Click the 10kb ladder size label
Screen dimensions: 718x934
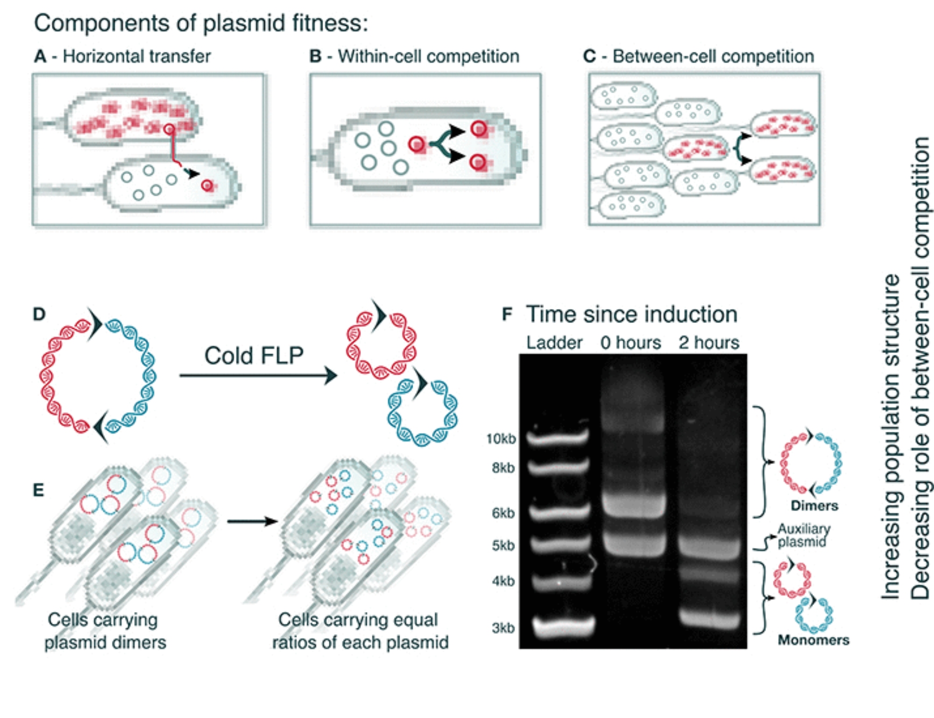[x=501, y=439]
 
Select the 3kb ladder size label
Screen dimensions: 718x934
[x=503, y=628]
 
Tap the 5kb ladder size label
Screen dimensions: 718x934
[x=503, y=545]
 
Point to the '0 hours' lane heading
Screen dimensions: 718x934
[x=630, y=343]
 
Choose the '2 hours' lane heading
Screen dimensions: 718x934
[x=709, y=343]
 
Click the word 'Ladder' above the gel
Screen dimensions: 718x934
[x=554, y=343]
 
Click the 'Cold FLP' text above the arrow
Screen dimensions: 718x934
[x=254, y=356]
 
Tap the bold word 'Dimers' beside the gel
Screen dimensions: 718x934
[x=814, y=506]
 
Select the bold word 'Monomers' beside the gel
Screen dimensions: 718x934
[x=814, y=640]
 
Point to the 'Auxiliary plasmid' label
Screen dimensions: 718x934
[x=803, y=535]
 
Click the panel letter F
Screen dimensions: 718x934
[x=507, y=314]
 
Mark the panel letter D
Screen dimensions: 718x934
[x=39, y=314]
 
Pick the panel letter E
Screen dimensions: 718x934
[x=38, y=490]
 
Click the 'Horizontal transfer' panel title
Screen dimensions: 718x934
[x=136, y=56]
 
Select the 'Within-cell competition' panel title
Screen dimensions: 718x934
[x=428, y=56]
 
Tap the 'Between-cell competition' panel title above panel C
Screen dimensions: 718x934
[x=713, y=56]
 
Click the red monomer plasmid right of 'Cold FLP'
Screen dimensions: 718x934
[x=381, y=343]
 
